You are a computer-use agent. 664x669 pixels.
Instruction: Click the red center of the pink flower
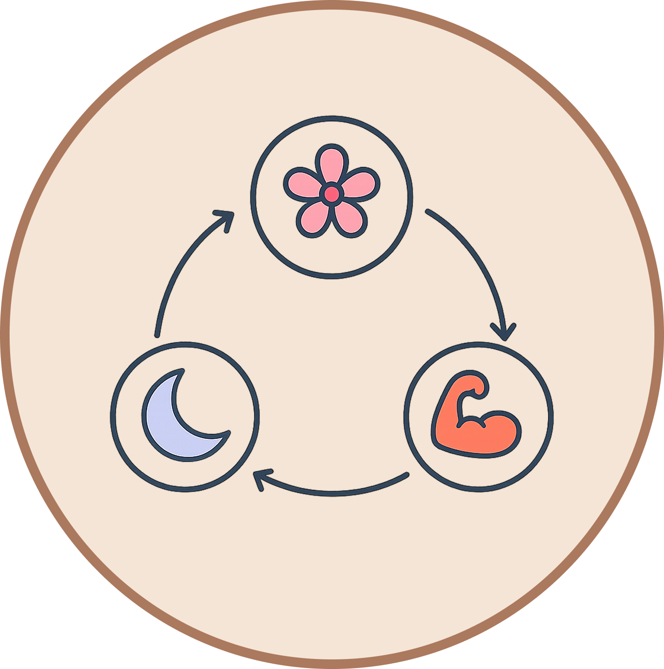[332, 194]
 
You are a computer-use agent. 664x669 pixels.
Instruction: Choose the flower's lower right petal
[350, 219]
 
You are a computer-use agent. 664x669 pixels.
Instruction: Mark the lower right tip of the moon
[227, 434]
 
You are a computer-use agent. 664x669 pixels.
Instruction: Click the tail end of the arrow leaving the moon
[157, 334]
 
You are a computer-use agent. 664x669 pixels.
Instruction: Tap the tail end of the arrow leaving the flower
[428, 211]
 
